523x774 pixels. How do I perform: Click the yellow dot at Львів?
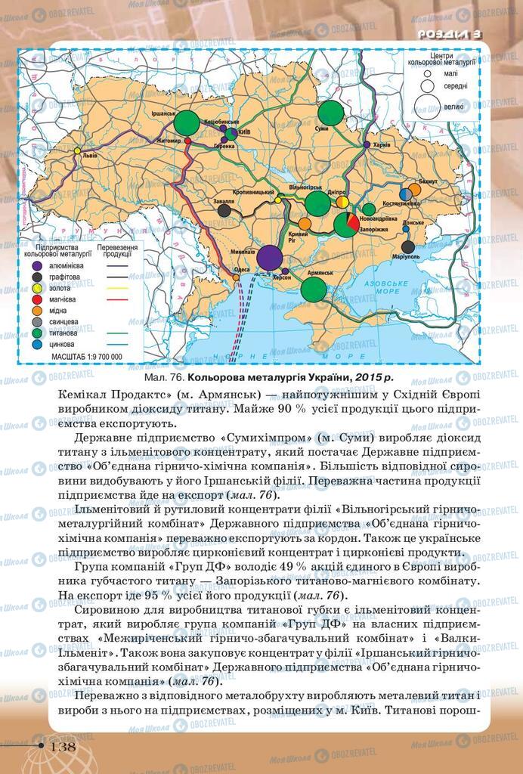pos(76,151)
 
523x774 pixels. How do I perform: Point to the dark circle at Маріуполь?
pos(409,246)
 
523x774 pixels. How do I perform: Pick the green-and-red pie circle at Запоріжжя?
pos(346,224)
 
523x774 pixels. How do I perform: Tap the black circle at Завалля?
pos(224,212)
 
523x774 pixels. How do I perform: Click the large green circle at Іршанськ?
pos(186,122)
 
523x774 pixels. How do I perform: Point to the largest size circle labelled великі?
pos(429,106)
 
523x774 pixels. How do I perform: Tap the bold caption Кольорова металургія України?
pos(268,377)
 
